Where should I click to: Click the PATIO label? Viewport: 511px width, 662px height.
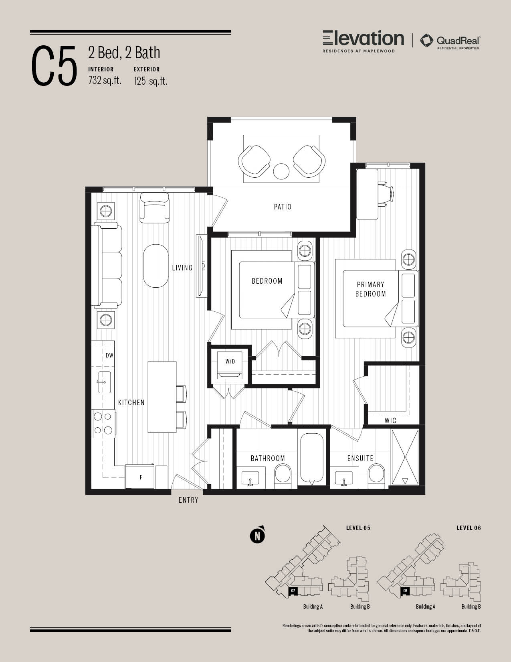click(283, 207)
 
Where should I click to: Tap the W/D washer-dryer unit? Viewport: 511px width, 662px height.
click(230, 365)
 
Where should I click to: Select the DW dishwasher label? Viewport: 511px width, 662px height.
click(109, 355)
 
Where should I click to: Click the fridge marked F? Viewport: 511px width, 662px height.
click(140, 477)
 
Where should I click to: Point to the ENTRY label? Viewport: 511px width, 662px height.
click(188, 500)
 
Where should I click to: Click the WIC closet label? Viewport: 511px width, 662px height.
click(390, 421)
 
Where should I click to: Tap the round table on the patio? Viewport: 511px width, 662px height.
click(281, 171)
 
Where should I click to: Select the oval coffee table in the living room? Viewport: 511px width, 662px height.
click(156, 266)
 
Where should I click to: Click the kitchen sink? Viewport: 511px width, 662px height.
click(104, 382)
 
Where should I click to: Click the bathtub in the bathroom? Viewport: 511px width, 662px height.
click(312, 457)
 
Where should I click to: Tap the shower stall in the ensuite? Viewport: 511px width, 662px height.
click(405, 457)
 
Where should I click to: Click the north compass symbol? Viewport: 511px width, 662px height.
click(257, 535)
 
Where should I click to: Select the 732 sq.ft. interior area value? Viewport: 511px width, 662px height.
click(105, 80)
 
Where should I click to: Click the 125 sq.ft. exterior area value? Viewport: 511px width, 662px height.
click(151, 81)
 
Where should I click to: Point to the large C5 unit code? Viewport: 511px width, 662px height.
click(54, 66)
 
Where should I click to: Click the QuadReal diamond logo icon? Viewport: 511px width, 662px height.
click(426, 41)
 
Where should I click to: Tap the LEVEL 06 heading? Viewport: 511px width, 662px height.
click(469, 528)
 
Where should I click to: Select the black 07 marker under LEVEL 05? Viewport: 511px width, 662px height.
click(293, 591)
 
